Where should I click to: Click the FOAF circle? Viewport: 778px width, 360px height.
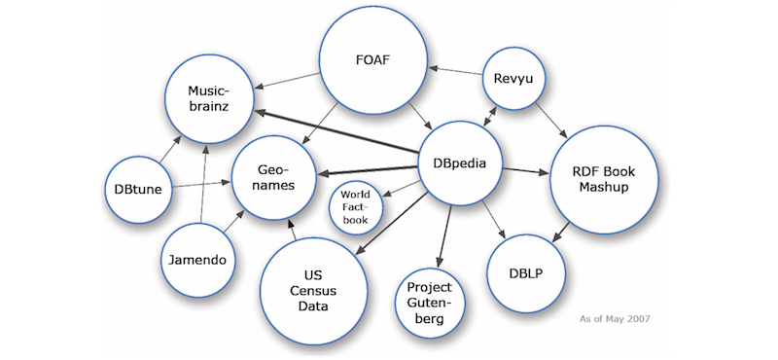coord(373,66)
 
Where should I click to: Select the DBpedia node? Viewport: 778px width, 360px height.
coord(459,163)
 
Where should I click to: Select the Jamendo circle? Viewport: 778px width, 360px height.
coord(200,260)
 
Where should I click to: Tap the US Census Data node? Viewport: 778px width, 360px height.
coord(314,286)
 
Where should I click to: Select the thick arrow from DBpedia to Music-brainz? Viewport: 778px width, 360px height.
coord(336,131)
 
